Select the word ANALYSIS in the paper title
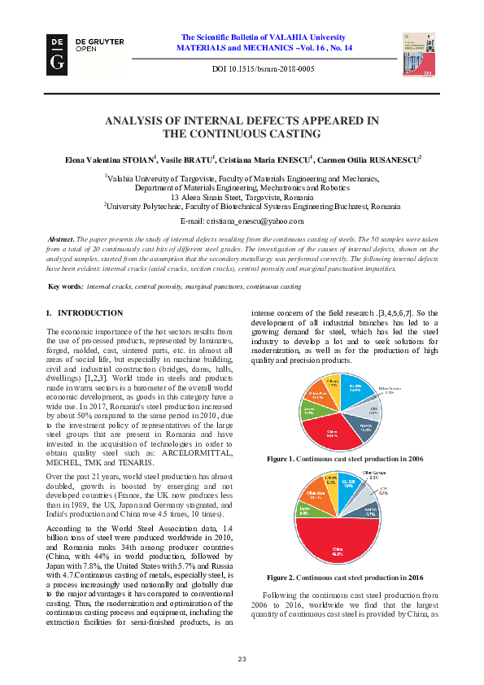[x=140, y=120]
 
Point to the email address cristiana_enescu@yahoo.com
[x=242, y=221]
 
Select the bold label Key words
[x=65, y=286]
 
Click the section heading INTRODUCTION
[x=90, y=312]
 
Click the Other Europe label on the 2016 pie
[x=373, y=472]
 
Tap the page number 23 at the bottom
[x=242, y=658]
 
